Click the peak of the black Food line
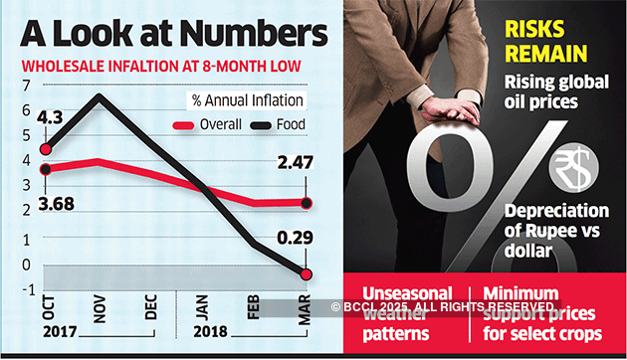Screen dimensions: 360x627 [x=98, y=96]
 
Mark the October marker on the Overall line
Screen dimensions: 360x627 [x=45, y=169]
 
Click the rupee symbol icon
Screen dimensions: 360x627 [x=573, y=167]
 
